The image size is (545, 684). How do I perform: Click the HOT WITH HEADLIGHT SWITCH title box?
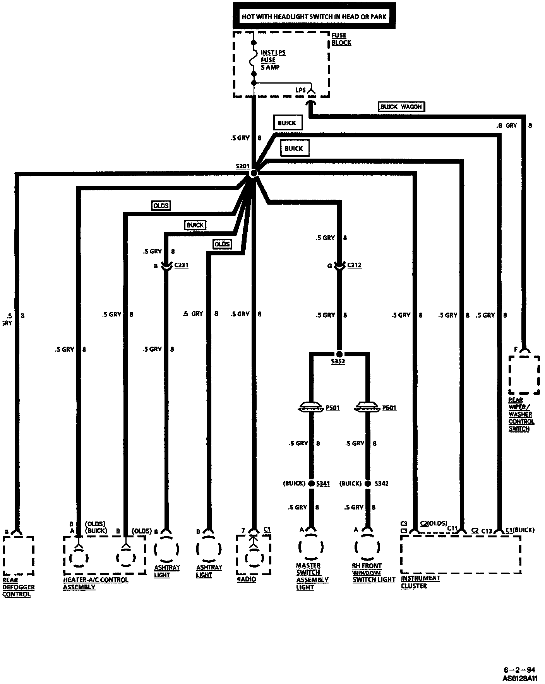click(314, 16)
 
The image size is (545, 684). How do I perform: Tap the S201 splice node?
click(254, 173)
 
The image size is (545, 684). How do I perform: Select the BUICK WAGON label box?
click(401, 107)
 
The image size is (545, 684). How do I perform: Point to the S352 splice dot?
click(339, 354)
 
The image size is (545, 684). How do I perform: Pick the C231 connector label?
click(181, 265)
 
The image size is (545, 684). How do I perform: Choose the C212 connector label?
click(354, 265)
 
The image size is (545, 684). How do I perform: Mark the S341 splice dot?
click(311, 484)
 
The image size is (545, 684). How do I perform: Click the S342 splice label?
click(382, 484)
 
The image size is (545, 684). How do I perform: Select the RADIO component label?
click(247, 580)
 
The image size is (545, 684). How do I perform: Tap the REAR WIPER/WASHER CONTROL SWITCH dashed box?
click(524, 374)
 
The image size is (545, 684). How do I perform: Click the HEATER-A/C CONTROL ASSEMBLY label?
click(95, 583)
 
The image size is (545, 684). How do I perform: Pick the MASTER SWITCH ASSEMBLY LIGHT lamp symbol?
click(311, 546)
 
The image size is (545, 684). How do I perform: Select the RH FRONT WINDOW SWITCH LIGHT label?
click(374, 573)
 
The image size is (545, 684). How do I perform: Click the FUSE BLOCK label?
click(341, 39)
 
